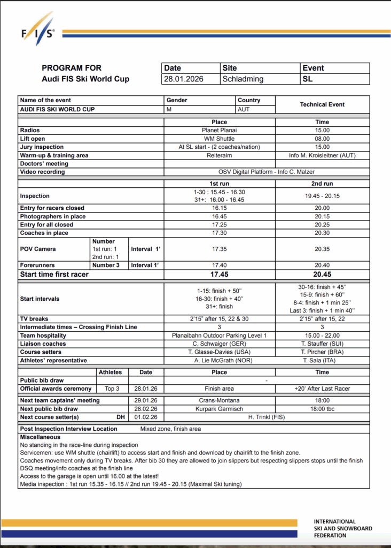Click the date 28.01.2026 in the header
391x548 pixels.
185,79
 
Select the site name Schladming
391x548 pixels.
243,79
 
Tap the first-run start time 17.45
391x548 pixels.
220,275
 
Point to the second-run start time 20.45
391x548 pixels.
322,275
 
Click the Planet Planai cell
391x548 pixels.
220,130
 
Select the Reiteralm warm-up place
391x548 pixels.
220,155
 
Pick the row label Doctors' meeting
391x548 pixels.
44,164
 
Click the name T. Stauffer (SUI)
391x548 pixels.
322,344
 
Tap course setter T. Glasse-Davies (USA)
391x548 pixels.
220,352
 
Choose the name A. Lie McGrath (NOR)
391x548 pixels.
220,360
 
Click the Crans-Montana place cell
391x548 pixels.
220,400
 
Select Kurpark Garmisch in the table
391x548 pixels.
220,408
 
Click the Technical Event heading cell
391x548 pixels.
322,104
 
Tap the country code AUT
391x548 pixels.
244,109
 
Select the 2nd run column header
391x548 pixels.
322,183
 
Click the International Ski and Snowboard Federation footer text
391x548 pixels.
342,528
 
